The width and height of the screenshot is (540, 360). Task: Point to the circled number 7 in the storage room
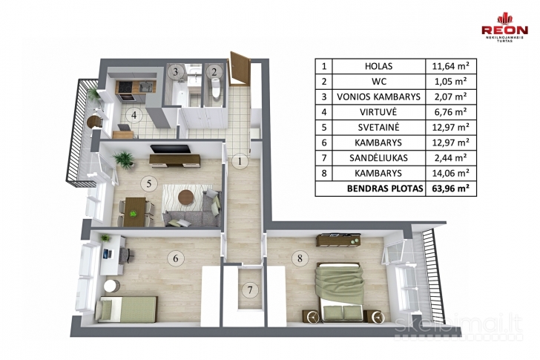point(251,289)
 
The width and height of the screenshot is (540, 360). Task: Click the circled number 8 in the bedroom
point(300,259)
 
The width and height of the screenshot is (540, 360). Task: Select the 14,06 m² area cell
point(450,173)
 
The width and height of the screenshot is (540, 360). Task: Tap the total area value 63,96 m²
point(450,189)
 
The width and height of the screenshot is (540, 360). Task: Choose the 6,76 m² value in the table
point(450,112)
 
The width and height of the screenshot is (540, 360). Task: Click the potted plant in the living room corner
point(122,159)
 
